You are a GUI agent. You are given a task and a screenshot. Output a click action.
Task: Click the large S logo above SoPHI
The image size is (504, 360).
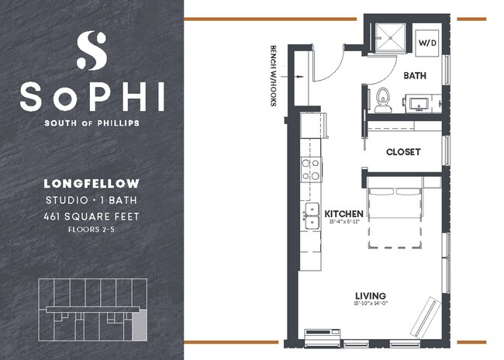point(91,50)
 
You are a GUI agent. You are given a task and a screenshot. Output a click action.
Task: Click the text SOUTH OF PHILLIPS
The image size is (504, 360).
point(91,123)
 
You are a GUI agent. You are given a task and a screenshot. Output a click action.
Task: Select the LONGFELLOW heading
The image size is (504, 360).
point(91,184)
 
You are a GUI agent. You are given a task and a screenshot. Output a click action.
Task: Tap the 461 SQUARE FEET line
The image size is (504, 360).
point(91,216)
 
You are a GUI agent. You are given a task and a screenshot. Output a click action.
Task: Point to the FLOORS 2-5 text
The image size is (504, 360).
point(91,230)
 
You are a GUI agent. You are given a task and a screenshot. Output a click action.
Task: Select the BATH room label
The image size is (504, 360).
point(416,75)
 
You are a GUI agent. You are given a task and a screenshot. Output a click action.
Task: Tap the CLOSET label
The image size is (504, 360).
point(403,152)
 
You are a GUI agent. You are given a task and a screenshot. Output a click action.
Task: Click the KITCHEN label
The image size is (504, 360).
point(344,213)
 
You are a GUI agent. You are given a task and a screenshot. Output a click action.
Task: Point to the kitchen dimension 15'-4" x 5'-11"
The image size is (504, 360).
point(344,223)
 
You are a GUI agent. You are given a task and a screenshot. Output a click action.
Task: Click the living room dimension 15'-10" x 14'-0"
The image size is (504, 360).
point(371,305)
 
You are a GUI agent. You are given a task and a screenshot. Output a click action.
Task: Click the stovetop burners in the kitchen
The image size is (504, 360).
point(311,169)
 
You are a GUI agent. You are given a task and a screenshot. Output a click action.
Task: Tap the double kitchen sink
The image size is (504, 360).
point(312,216)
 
